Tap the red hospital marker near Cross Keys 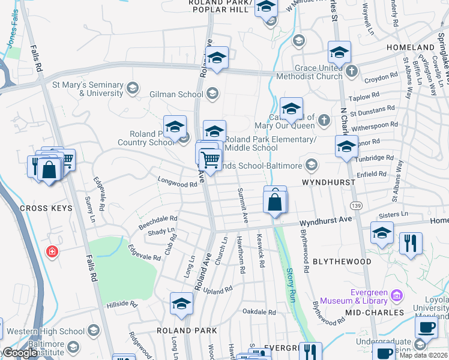coord(53,251)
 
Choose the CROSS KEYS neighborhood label coord(46,208)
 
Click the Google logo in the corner coord(19,353)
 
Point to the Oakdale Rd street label coord(259,312)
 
